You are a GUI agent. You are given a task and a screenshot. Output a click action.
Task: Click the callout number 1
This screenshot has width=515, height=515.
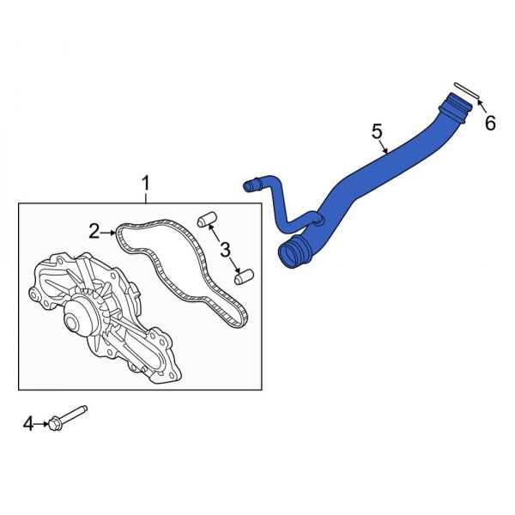click(x=145, y=183)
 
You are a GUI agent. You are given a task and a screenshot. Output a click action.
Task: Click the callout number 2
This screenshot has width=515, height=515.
click(x=94, y=230)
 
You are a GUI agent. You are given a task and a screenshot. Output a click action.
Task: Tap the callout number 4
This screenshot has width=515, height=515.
click(x=27, y=423)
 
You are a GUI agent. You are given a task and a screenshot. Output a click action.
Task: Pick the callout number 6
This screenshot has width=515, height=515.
click(x=490, y=124)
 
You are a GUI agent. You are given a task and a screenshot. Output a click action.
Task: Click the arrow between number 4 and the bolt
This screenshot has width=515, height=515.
click(x=42, y=423)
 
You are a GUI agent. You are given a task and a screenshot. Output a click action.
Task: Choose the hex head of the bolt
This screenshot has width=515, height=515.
click(x=55, y=422)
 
